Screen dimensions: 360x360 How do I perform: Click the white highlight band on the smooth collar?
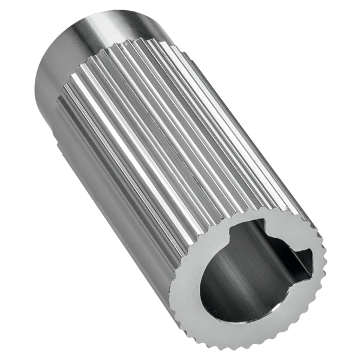click(x=102, y=27)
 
